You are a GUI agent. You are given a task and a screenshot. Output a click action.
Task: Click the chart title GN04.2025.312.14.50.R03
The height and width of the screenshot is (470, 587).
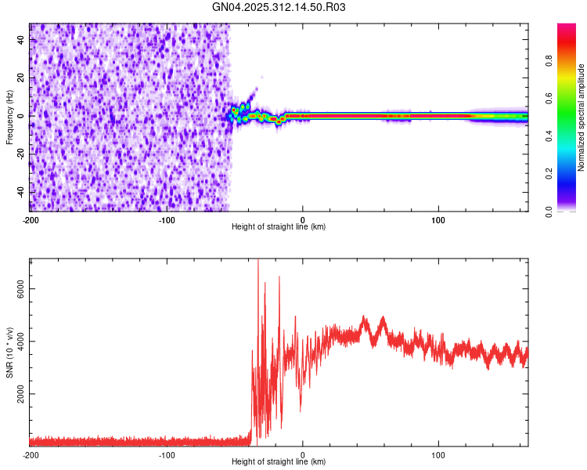279,7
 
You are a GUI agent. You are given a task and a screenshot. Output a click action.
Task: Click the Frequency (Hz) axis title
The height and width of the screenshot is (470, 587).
9,117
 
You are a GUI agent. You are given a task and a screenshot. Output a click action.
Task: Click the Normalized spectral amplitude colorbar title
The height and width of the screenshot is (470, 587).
581,117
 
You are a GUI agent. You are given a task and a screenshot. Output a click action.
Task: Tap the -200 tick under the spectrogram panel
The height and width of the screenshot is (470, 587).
30,219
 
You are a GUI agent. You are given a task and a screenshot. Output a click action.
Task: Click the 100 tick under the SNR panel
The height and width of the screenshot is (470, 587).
439,455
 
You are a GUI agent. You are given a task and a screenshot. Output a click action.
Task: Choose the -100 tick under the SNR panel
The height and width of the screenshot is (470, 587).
166,455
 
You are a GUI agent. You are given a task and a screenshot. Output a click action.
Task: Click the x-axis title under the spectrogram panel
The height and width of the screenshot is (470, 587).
279,227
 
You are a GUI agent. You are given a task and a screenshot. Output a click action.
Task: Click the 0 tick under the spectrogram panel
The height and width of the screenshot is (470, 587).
303,219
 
